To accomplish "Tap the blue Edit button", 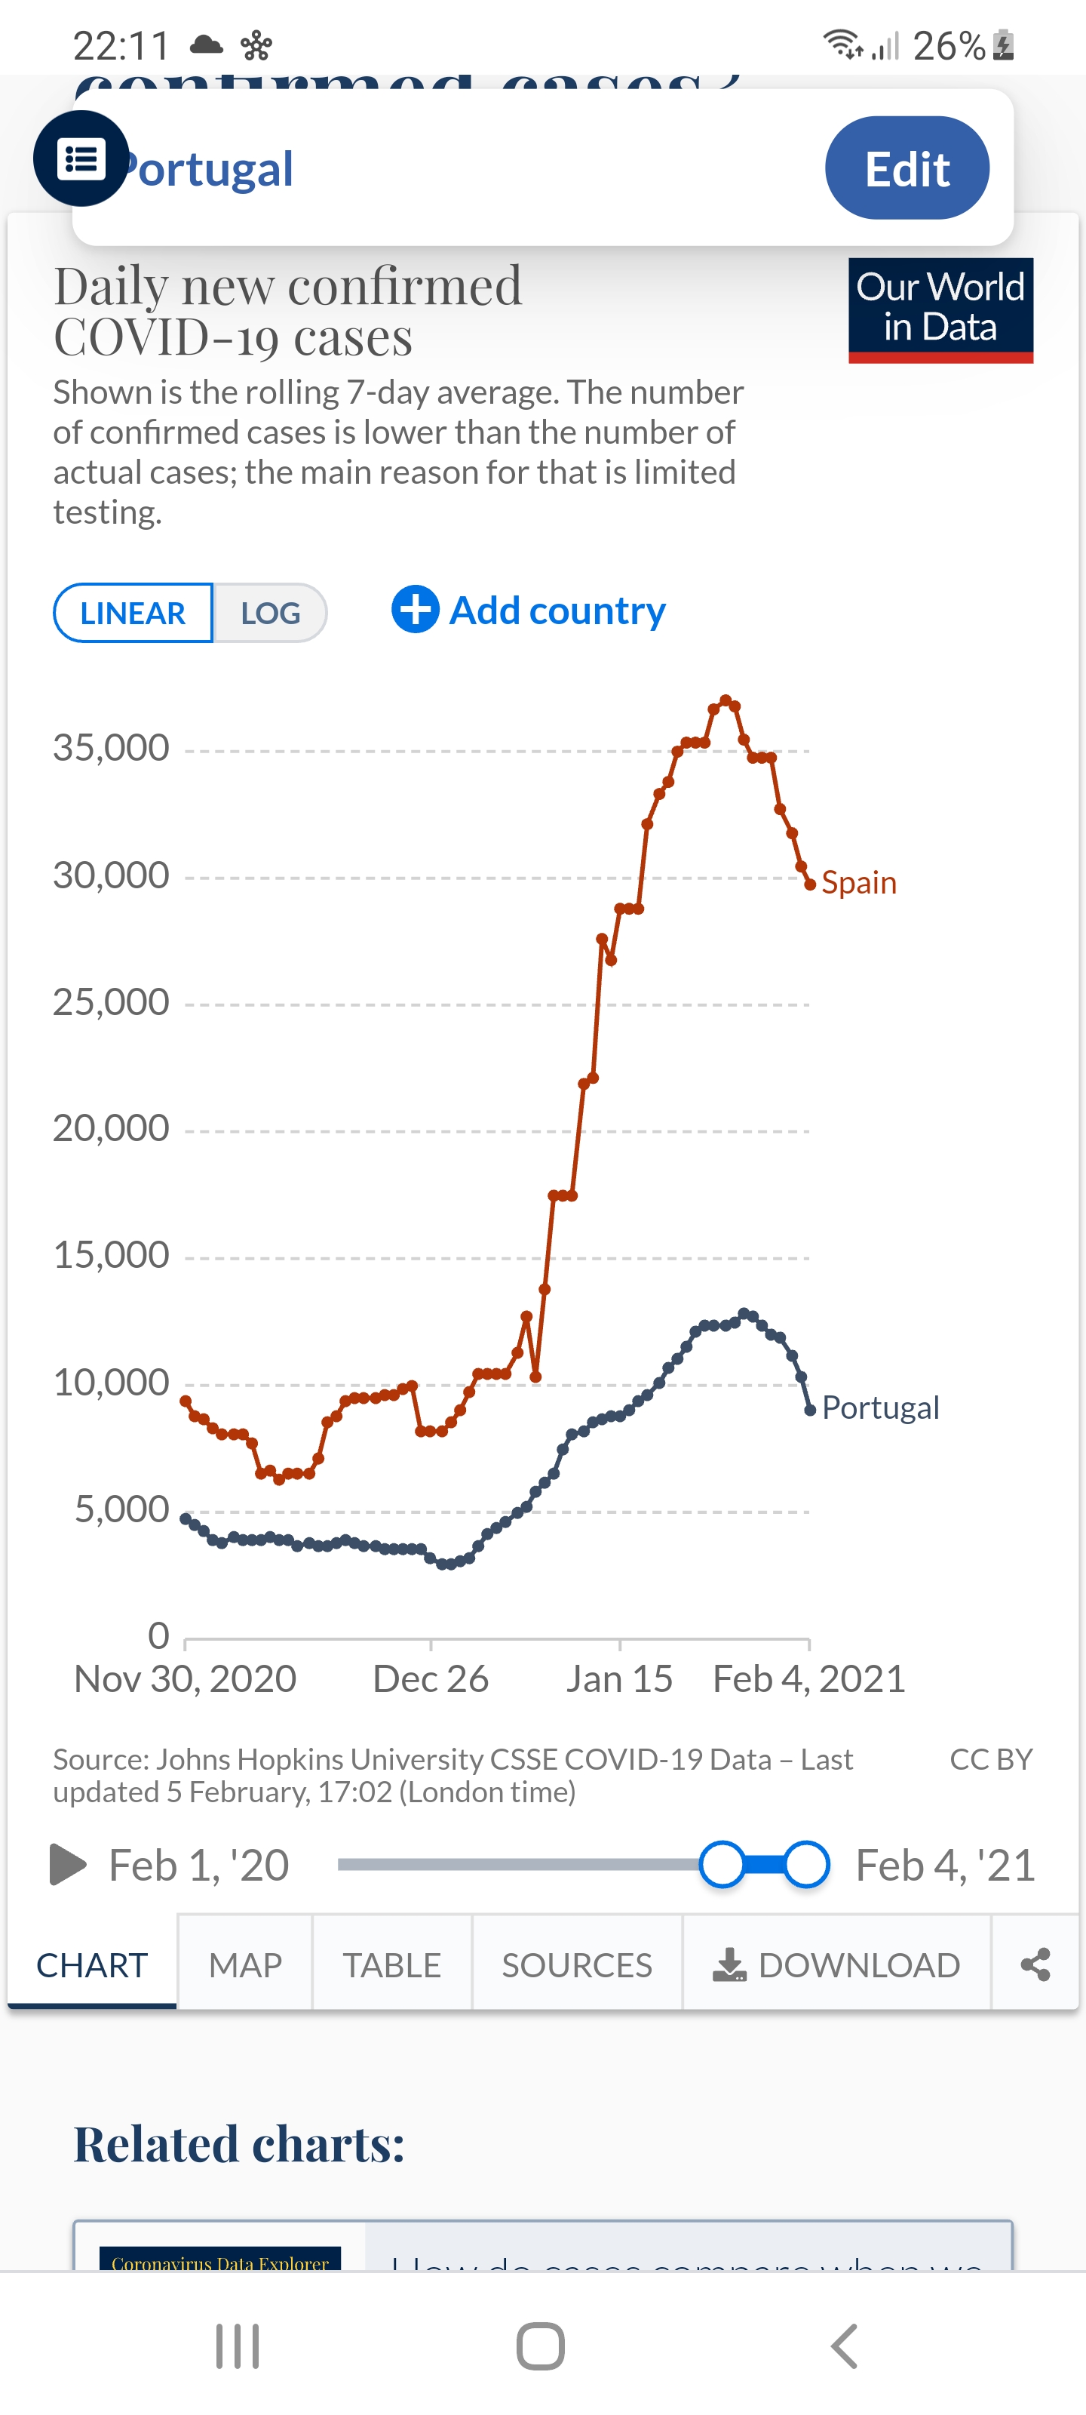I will pyautogui.click(x=906, y=169).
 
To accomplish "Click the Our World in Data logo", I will pyautogui.click(x=940, y=309).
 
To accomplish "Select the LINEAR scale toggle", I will pyautogui.click(x=133, y=613).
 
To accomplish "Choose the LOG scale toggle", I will pyautogui.click(x=270, y=613).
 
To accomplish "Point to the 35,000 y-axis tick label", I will pyautogui.click(x=112, y=748).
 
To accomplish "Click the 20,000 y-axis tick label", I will pyautogui.click(x=112, y=1128).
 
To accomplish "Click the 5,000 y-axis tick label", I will pyautogui.click(x=122, y=1509).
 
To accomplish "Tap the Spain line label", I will pyautogui.click(x=858, y=883).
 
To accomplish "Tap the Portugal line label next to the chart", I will pyautogui.click(x=880, y=1408).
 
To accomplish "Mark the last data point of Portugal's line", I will pyautogui.click(x=809, y=1410).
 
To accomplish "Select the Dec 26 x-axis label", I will pyautogui.click(x=430, y=1679).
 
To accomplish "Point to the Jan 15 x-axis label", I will pyautogui.click(x=618, y=1679).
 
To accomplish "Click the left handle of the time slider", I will pyautogui.click(x=722, y=1864).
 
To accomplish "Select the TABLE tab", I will pyautogui.click(x=391, y=1964).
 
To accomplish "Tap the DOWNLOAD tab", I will pyautogui.click(x=837, y=1964).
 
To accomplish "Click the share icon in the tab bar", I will pyautogui.click(x=1035, y=1964).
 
